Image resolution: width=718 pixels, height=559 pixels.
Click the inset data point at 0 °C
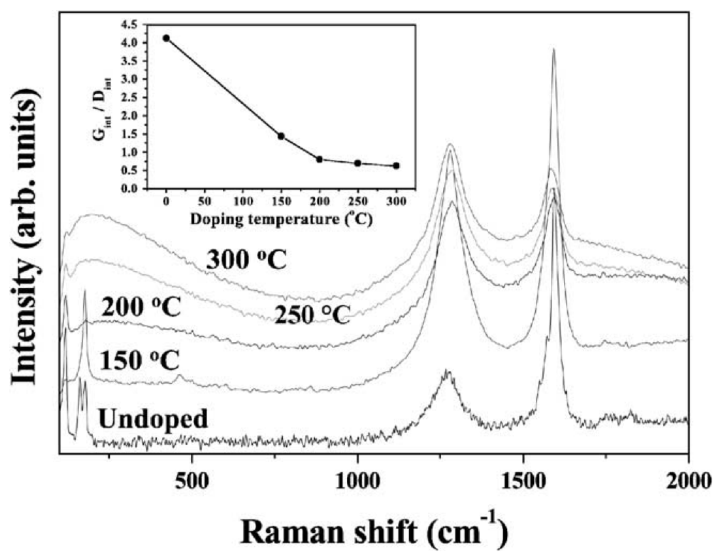tap(166, 38)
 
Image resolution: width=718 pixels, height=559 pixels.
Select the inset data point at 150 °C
tap(281, 136)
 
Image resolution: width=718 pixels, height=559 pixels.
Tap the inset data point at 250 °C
tap(358, 163)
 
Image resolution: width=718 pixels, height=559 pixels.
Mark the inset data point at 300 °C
tap(396, 166)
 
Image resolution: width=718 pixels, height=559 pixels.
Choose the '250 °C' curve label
tap(312, 315)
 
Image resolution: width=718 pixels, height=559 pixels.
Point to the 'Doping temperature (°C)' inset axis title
tap(281, 219)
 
